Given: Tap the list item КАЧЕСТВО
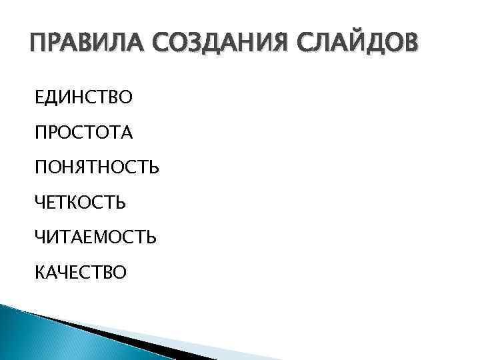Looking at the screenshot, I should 81,271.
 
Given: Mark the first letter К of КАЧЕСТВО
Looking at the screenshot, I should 41,271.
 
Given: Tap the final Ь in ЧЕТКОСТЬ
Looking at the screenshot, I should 120,201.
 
